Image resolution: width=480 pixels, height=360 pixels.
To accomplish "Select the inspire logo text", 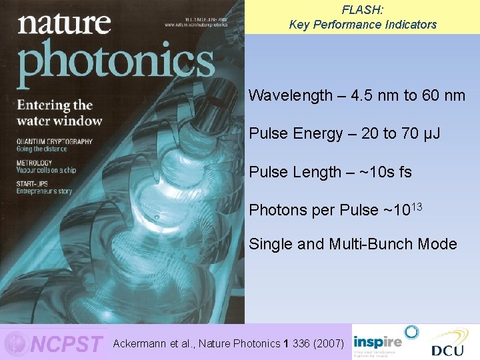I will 377,340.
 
